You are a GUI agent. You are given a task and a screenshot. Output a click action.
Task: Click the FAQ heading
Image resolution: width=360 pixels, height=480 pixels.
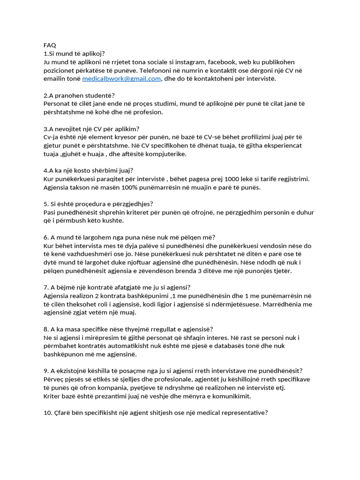tap(49, 45)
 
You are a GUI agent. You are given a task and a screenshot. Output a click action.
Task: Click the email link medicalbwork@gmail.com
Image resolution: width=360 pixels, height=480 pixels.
tap(121, 79)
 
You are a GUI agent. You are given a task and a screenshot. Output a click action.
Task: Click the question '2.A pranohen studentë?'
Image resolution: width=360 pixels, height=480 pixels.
tap(79, 96)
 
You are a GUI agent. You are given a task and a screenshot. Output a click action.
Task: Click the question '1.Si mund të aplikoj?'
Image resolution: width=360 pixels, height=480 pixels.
tap(74, 53)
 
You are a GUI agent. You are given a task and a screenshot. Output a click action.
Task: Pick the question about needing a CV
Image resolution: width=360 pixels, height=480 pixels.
tap(91, 129)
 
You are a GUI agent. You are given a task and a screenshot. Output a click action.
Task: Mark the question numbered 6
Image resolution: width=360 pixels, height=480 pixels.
tap(129, 238)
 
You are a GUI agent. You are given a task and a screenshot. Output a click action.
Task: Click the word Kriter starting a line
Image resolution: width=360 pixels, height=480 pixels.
tap(52, 396)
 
